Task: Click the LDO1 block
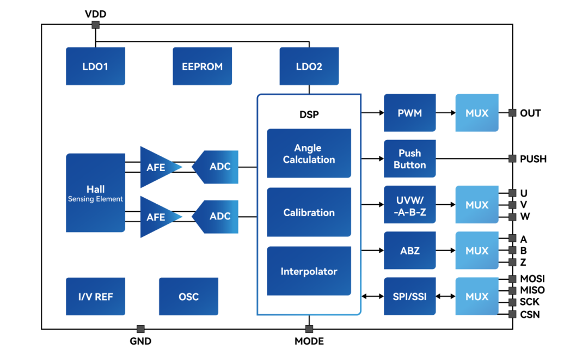95,66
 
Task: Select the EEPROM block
202,66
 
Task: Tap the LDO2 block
309,66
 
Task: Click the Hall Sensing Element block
95,193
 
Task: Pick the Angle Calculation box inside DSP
309,154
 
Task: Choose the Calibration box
309,212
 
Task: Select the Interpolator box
309,271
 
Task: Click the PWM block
409,113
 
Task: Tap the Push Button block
409,159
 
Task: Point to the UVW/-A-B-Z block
409,205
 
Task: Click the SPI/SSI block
409,296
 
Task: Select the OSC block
188,296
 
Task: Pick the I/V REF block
95,296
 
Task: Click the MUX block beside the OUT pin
477,113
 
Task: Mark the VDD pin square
96,25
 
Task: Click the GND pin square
140,329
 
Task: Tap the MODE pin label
309,341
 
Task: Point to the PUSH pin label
533,159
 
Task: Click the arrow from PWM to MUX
445,113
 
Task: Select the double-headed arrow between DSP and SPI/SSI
372,296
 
